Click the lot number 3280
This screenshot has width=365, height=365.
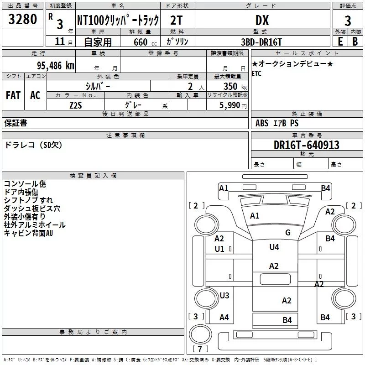pos(23,20)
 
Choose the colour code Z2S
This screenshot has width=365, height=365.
pos(76,104)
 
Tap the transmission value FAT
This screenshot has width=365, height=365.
pos(13,95)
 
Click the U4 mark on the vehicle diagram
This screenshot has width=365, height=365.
pos(274,247)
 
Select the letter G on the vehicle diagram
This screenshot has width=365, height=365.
pos(288,233)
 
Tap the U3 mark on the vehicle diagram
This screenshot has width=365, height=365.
pos(224,295)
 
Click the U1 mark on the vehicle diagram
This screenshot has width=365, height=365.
pos(219,249)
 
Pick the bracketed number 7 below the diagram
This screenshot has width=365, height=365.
pos(199,349)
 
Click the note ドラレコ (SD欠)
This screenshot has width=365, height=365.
pos(33,145)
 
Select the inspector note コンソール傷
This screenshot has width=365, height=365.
pos(25,184)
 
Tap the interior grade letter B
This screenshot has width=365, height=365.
pos(355,42)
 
